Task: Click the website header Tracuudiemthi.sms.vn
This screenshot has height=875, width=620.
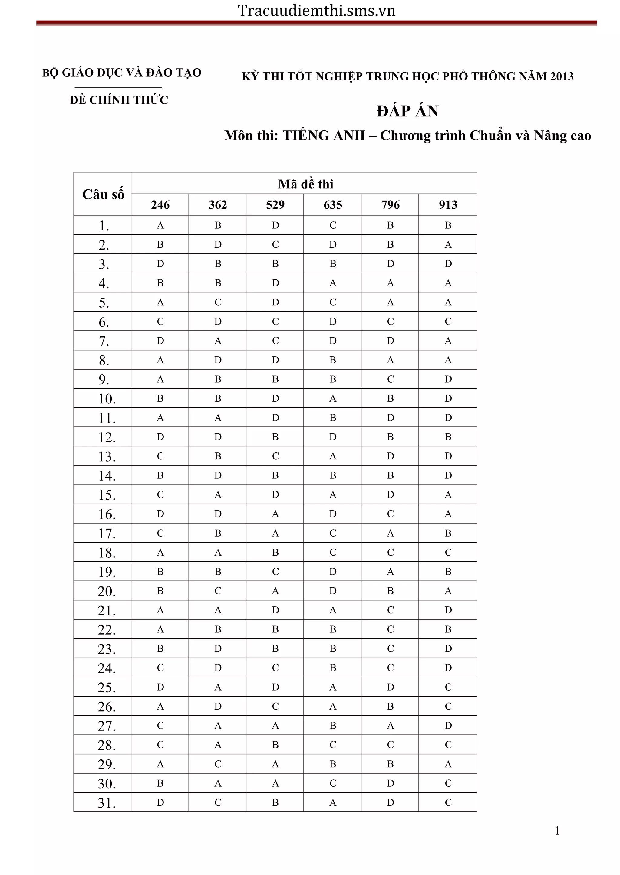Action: coord(316,11)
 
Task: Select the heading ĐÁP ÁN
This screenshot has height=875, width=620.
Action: coord(407,111)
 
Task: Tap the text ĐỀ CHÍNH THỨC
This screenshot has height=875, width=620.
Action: coord(119,100)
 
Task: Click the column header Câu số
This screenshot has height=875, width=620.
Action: coord(103,194)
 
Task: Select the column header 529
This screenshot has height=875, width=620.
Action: coord(275,205)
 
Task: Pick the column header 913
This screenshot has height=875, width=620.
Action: coord(448,205)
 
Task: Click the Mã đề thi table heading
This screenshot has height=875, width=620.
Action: coord(305,184)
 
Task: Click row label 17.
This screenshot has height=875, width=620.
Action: coord(107,533)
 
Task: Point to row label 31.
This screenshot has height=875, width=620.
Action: coord(107,803)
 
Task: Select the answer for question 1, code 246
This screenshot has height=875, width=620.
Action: coord(160,225)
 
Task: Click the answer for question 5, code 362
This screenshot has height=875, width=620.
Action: coord(218,302)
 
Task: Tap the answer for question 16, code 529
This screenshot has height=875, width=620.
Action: coord(275,514)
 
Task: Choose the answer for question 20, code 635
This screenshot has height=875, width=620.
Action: coord(333,591)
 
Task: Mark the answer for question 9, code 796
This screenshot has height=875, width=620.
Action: coord(390,379)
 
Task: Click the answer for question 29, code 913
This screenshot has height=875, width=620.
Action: coord(448,764)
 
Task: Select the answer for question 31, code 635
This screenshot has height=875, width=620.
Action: coord(333,802)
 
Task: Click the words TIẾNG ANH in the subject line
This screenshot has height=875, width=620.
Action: coord(324,135)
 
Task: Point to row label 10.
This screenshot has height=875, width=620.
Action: coord(107,399)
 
